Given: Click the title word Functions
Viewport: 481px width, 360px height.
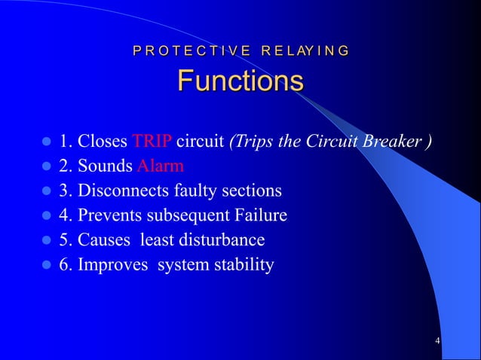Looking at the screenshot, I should click(240, 81).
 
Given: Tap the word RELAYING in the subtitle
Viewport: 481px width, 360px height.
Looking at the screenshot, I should click(305, 51).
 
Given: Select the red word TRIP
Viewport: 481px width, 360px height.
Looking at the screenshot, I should click(152, 142).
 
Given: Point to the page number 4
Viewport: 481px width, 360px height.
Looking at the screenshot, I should click(437, 343).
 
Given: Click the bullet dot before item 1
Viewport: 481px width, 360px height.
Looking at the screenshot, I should click(45, 142).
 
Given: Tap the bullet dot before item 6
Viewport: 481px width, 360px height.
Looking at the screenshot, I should click(45, 265).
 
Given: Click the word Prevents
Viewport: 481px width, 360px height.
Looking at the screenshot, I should click(109, 215).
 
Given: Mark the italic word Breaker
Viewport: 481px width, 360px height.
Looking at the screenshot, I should click(399, 142).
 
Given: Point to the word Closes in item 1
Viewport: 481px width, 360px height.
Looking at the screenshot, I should click(103, 142).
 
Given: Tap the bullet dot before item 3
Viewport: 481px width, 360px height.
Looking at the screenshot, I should click(45, 191).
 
